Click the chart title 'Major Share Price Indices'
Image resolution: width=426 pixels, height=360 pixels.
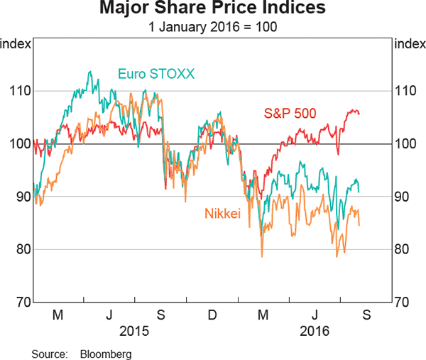tap(213, 10)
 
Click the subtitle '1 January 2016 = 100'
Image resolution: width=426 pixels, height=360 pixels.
tap(213, 28)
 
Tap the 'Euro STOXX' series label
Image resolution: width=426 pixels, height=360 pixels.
tap(147, 73)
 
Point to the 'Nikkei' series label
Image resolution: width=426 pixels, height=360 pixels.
tap(223, 212)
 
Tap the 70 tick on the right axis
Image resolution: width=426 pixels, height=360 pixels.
tap(405, 302)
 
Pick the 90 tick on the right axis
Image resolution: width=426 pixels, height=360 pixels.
tap(405, 197)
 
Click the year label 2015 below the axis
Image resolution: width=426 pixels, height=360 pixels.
tap(133, 330)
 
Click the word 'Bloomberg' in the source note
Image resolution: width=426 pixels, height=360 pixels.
tap(105, 353)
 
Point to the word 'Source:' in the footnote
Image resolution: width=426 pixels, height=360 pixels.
tap(48, 353)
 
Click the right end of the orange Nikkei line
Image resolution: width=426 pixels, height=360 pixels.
tap(359, 226)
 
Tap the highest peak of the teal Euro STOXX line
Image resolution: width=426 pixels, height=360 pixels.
tap(89, 72)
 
